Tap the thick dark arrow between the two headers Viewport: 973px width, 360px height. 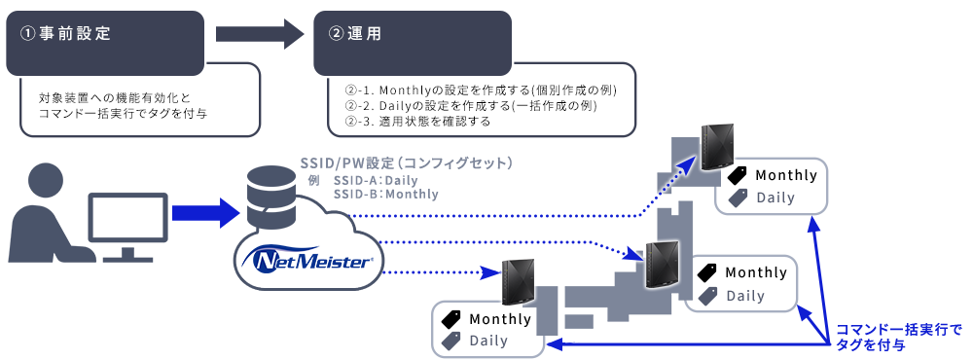(261, 35)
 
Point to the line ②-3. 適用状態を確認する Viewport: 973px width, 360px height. (417, 123)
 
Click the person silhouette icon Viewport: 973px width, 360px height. (45, 215)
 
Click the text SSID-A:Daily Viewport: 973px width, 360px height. (375, 181)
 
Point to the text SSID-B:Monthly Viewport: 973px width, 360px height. (385, 195)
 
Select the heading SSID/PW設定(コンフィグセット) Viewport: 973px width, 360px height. (407, 162)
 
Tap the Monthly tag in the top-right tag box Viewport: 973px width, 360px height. (773, 175)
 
